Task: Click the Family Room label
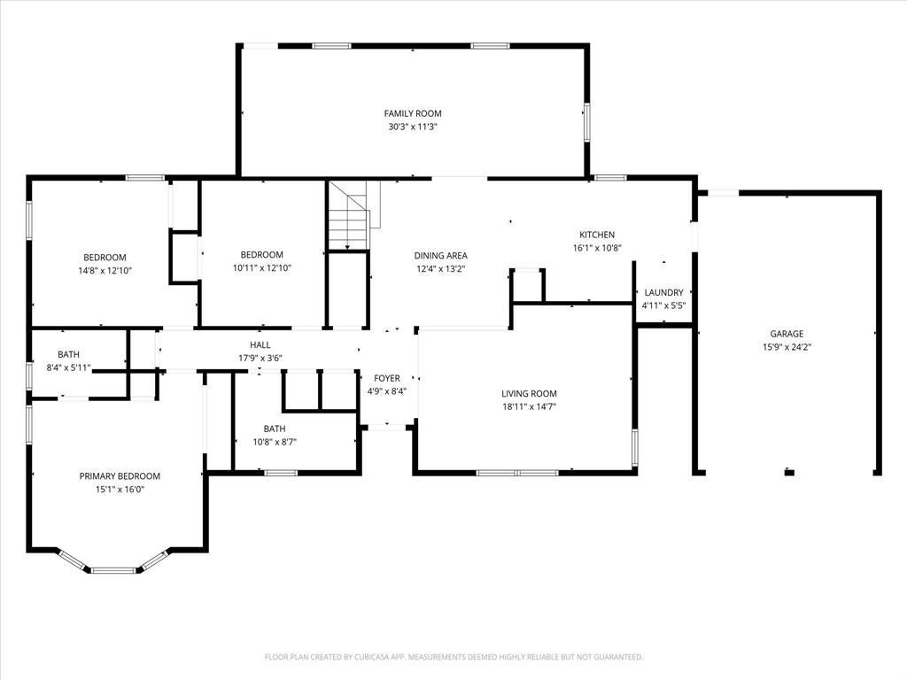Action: coord(413,114)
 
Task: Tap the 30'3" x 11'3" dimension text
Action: coord(413,127)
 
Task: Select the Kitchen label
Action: coord(597,235)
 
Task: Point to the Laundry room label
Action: coord(663,292)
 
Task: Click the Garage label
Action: coord(787,334)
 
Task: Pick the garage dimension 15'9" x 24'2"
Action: coord(787,347)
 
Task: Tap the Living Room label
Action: coord(529,394)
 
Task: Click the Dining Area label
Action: coord(441,256)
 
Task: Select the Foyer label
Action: coord(387,378)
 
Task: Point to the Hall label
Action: coord(260,345)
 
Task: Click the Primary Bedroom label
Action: coord(120,476)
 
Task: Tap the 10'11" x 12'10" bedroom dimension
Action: coord(262,267)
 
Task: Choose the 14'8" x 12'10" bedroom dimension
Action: coord(105,271)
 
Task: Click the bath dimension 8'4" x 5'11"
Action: coord(68,367)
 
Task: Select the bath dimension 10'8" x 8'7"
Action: coord(275,442)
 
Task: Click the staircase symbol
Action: coord(348,215)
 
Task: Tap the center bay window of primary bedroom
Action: coord(113,571)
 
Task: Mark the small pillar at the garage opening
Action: coord(789,473)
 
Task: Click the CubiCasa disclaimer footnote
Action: coord(453,657)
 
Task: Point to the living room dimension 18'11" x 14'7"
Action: coord(529,406)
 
